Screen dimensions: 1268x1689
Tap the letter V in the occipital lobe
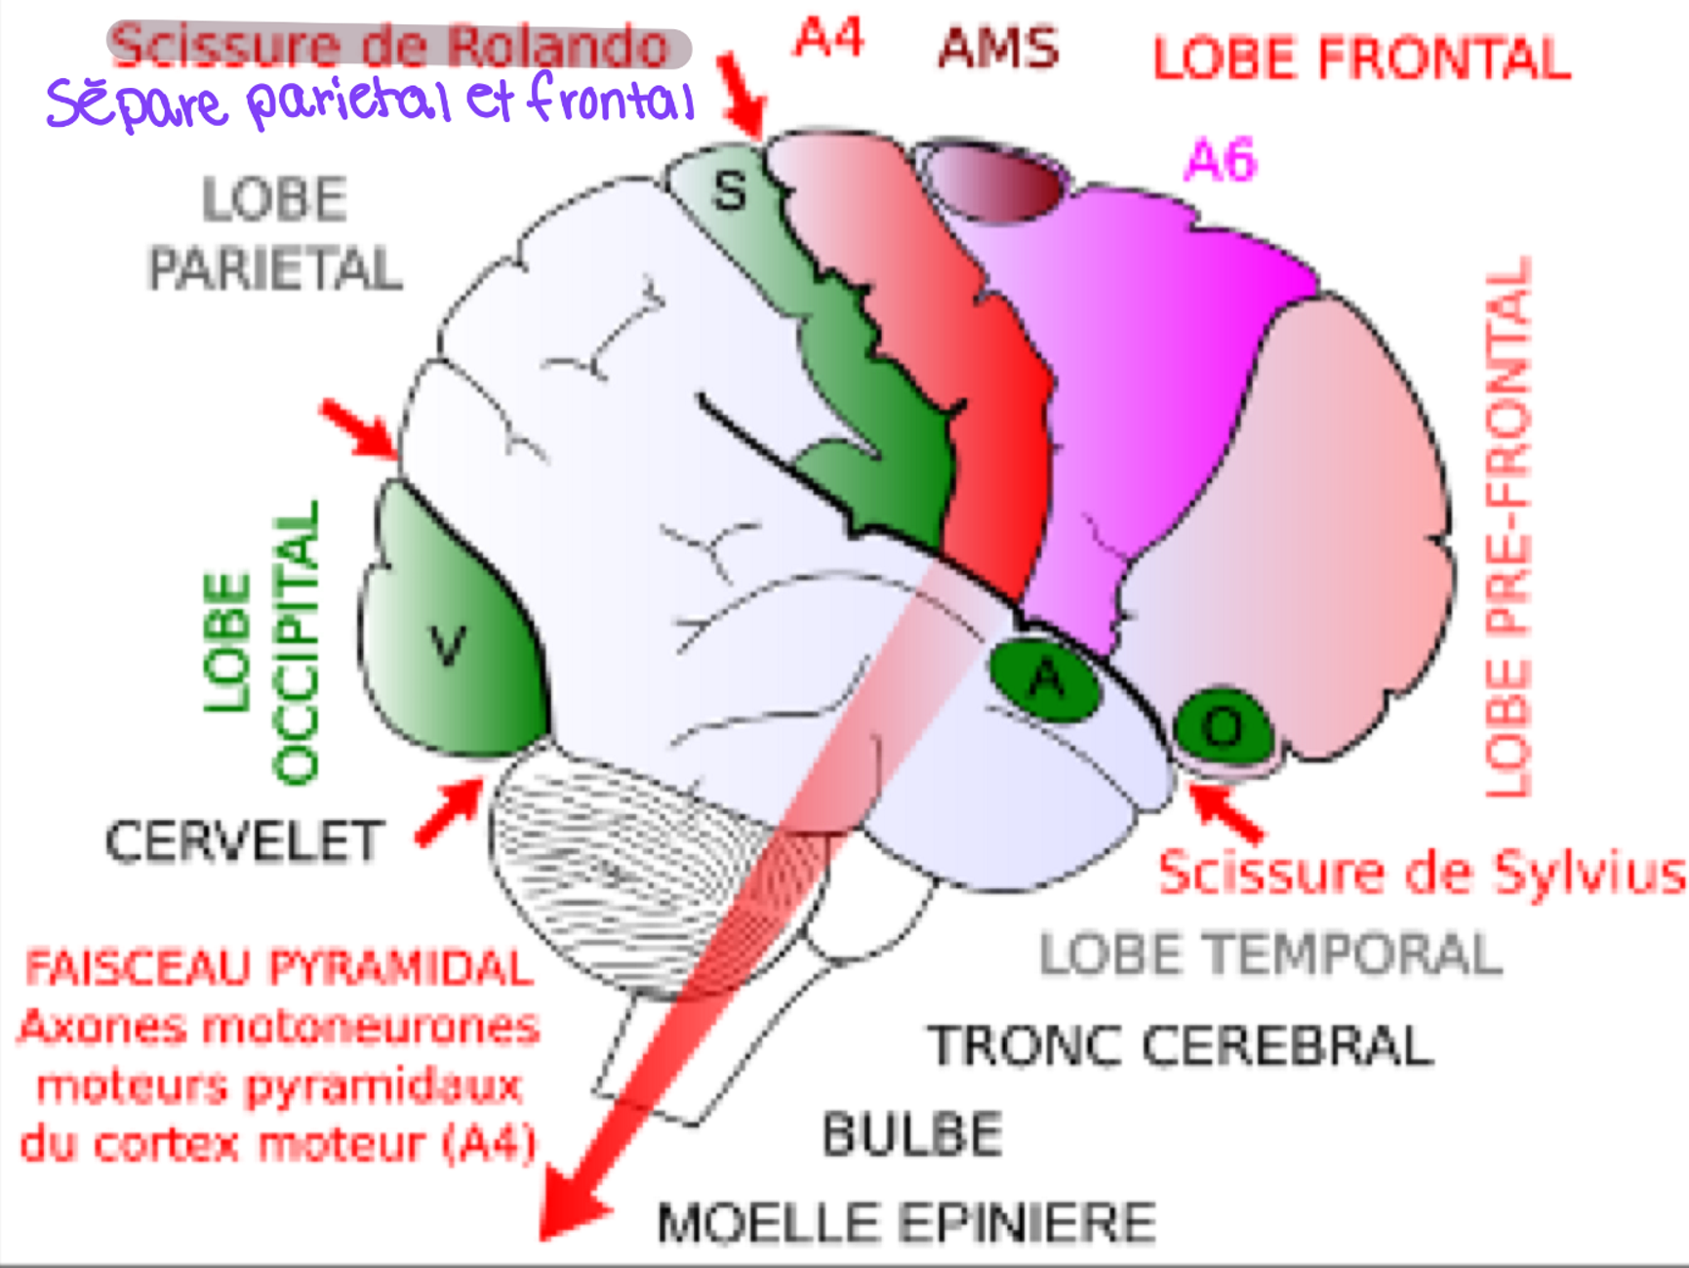tap(448, 645)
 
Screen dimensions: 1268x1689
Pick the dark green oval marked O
tap(1223, 727)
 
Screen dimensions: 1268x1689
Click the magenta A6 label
tap(1220, 160)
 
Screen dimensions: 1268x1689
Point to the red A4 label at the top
tap(829, 39)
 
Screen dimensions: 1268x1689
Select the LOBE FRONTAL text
tap(1361, 59)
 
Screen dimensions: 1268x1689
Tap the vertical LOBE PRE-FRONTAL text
tap(1508, 527)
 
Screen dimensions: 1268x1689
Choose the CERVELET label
tap(244, 841)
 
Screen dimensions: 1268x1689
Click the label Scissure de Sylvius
tap(1421, 873)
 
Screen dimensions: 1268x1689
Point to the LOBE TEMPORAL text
tap(1270, 954)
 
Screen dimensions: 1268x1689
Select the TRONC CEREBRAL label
tap(1181, 1045)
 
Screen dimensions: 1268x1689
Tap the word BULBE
tap(912, 1134)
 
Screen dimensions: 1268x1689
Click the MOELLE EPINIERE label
tap(906, 1223)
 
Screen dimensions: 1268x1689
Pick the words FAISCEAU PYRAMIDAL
tap(279, 968)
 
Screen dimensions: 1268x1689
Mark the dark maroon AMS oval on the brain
tap(995, 182)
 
